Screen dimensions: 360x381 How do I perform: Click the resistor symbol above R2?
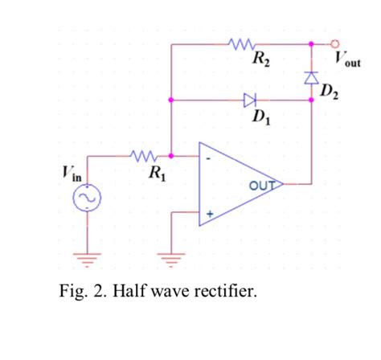241,43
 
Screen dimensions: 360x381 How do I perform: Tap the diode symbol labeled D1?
250,100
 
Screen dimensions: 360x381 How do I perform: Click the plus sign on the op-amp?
209,214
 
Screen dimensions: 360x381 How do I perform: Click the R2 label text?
261,59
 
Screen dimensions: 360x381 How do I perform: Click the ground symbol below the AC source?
85,259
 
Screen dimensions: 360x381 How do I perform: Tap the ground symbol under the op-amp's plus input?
170,259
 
